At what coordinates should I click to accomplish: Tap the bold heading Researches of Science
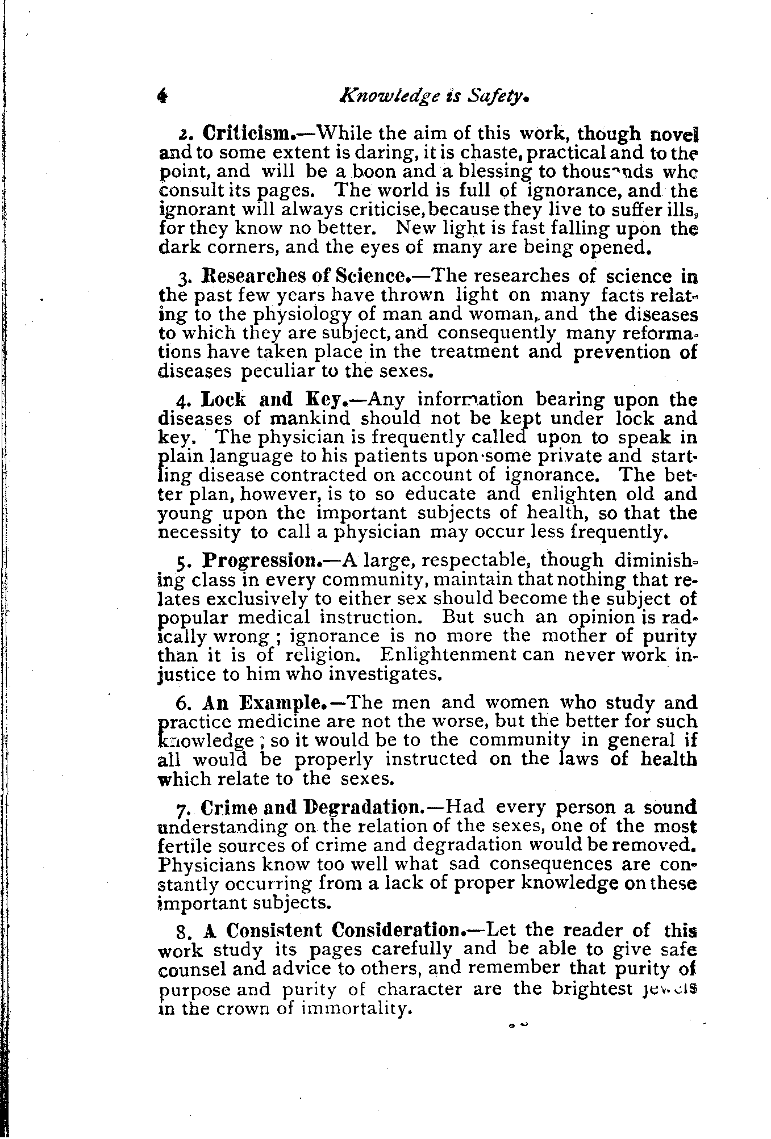[306, 277]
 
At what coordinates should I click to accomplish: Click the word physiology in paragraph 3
[303, 315]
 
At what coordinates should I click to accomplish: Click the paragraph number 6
[182, 704]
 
